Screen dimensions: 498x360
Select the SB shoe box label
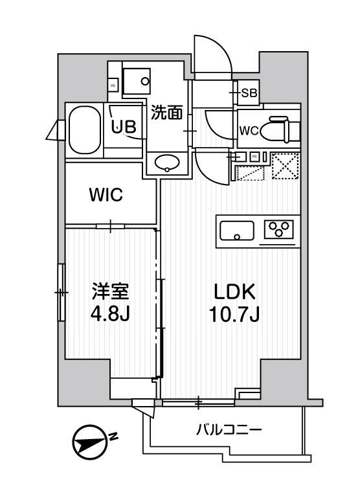249,93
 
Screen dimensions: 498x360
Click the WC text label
249,131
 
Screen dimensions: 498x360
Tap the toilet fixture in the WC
283,128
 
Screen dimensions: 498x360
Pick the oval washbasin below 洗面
167,163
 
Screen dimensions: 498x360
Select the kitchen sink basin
238,231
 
